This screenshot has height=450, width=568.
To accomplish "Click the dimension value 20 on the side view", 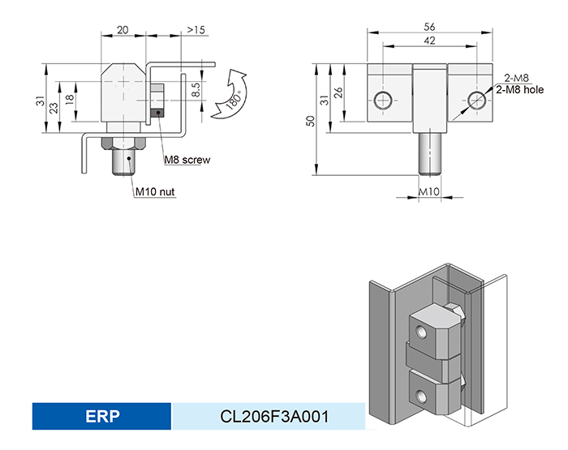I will coord(123,29).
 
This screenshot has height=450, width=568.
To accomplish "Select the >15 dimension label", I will coord(196,29).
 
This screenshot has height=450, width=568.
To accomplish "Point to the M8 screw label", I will coord(187,160).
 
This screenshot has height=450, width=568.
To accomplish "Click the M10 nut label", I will coord(155,191).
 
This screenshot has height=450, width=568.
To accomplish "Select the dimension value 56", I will coord(430,26).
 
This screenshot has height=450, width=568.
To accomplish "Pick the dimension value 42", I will coord(430,41).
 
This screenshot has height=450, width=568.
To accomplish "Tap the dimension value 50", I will coord(309,120).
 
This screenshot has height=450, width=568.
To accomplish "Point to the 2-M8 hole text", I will coord(519,89).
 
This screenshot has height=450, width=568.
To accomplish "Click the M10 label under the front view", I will coord(428,191).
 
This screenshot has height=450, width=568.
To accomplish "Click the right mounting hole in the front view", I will coord(478,101).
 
